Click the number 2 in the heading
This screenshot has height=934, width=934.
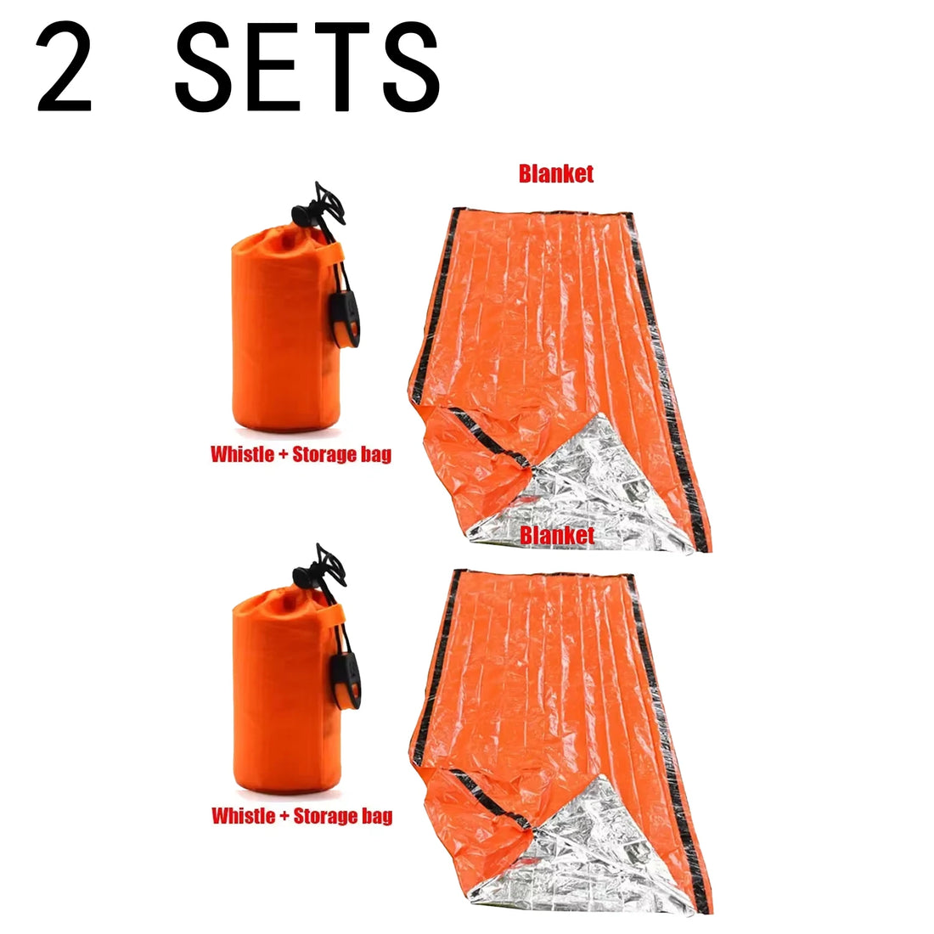pyautogui.click(x=64, y=70)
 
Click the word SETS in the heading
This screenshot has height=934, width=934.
pyautogui.click(x=307, y=70)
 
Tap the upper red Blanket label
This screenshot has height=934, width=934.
pyautogui.click(x=556, y=174)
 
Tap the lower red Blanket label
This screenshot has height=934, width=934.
pyautogui.click(x=557, y=535)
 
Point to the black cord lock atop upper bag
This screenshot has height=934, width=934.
pyautogui.click(x=327, y=204)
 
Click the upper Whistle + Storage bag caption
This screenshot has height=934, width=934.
pyautogui.click(x=301, y=454)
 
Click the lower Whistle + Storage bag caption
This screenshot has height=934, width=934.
pyautogui.click(x=301, y=817)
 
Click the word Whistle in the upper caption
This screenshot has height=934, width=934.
pyautogui.click(x=241, y=454)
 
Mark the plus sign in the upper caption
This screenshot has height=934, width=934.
pyautogui.click(x=282, y=454)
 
